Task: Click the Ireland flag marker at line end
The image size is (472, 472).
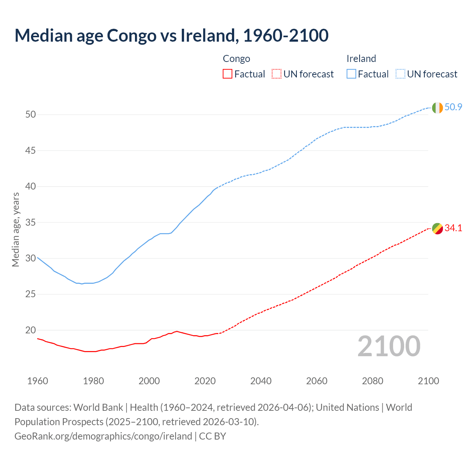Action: pyautogui.click(x=437, y=108)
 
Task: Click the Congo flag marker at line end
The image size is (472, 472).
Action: pyautogui.click(x=437, y=229)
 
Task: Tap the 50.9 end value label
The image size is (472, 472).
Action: pyautogui.click(x=453, y=107)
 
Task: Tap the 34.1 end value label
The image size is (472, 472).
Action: pyautogui.click(x=453, y=228)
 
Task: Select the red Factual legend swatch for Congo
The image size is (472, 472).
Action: pyautogui.click(x=228, y=74)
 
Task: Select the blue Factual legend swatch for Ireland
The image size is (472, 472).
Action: pyautogui.click(x=351, y=74)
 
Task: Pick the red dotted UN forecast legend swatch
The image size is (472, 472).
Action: pyautogui.click(x=277, y=74)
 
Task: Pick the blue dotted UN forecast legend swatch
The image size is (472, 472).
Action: pyautogui.click(x=400, y=74)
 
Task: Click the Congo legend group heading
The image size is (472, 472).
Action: pyautogui.click(x=236, y=59)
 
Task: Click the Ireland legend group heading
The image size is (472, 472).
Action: pyautogui.click(x=361, y=59)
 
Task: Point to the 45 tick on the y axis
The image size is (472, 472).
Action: pyautogui.click(x=31, y=150)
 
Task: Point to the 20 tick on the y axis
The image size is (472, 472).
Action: pyautogui.click(x=31, y=330)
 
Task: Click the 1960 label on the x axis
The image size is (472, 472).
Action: pyautogui.click(x=38, y=381)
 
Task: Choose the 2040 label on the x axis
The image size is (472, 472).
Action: pyautogui.click(x=261, y=381)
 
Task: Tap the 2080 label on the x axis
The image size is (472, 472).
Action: pyautogui.click(x=372, y=381)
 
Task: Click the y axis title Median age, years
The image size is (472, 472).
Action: pyautogui.click(x=15, y=229)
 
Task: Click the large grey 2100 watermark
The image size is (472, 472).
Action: pyautogui.click(x=389, y=346)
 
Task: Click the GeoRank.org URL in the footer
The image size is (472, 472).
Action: pyautogui.click(x=103, y=436)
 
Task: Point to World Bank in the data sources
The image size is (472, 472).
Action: pyautogui.click(x=98, y=407)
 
